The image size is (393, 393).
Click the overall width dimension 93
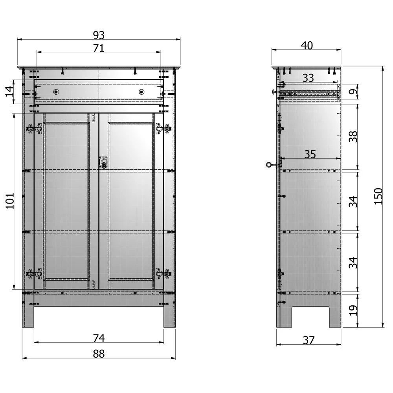[x=99, y=35]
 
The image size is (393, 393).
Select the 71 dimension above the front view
[x=99, y=48]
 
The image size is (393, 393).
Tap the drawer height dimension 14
[x=9, y=92]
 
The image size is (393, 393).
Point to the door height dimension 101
[x=9, y=201]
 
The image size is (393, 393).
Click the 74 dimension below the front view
[x=99, y=338]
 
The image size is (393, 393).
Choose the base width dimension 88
[x=99, y=354]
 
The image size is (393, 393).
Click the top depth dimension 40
[x=307, y=46]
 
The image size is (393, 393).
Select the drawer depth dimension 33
[x=308, y=78]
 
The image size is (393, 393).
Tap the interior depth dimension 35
[x=310, y=154]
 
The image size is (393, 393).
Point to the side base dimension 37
[x=309, y=340]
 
